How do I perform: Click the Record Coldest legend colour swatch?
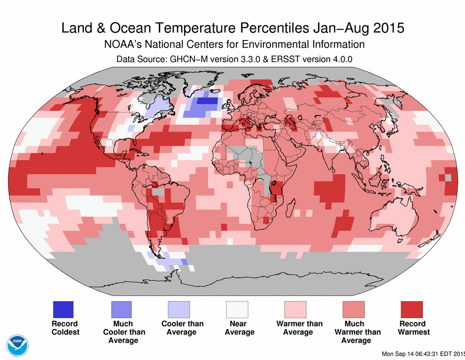[63, 310]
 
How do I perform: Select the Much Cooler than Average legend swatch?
[121, 310]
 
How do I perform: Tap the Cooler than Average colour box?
[179, 310]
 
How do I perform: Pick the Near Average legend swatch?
[238, 310]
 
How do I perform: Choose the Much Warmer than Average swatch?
[354, 310]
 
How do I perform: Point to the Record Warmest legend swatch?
[412, 310]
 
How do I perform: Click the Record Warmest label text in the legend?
[413, 328]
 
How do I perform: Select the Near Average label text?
[239, 328]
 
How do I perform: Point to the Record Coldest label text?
[65, 328]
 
